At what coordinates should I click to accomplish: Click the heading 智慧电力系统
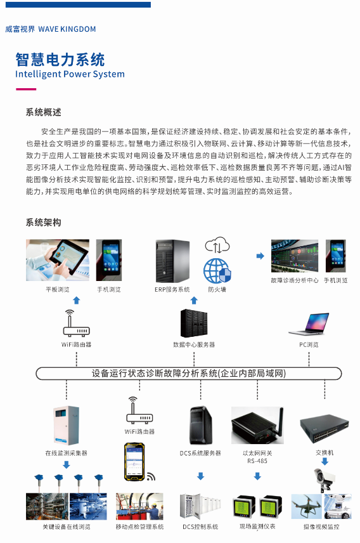(60, 60)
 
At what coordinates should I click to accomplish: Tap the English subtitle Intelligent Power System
(70, 74)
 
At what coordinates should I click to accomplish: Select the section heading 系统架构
(43, 222)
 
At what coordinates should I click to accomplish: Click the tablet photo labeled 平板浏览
(58, 260)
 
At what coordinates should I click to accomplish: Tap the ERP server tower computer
(172, 261)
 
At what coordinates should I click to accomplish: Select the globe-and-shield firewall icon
(217, 271)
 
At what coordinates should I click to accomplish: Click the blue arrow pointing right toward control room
(260, 256)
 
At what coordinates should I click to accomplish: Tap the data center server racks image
(194, 323)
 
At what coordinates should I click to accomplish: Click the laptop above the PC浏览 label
(309, 324)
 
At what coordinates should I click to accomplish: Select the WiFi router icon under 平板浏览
(77, 324)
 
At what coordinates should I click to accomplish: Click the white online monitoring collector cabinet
(66, 426)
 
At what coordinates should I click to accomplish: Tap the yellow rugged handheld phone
(134, 461)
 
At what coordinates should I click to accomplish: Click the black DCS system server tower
(201, 425)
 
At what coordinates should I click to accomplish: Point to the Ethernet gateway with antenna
(257, 426)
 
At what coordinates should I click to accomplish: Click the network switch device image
(325, 429)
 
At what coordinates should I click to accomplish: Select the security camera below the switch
(325, 480)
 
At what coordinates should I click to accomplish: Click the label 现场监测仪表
(257, 527)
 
